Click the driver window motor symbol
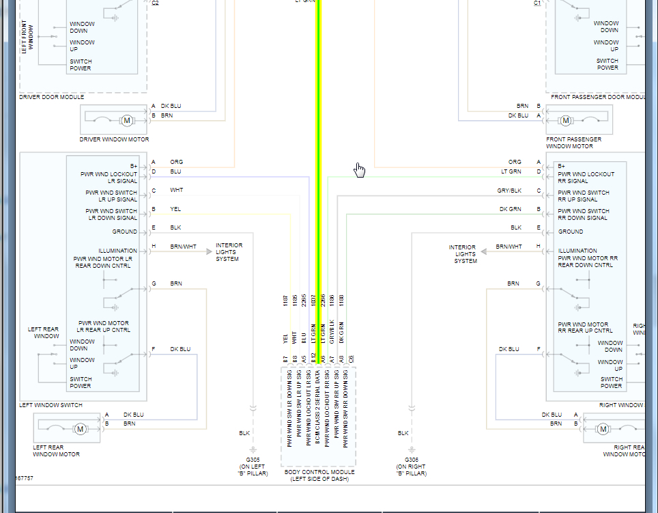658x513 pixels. [x=126, y=120]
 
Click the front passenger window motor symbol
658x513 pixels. [x=564, y=121]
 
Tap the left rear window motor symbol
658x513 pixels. [x=80, y=429]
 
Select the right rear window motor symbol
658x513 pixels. [x=602, y=429]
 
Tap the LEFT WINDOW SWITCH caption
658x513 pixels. [x=51, y=405]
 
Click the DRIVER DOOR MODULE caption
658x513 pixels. [x=52, y=97]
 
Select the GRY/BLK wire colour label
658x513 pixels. [x=509, y=191]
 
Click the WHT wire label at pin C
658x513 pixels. [x=176, y=190]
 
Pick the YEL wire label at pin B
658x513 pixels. [x=175, y=209]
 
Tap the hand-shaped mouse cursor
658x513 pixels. [x=359, y=170]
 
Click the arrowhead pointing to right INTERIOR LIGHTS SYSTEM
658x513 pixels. [x=484, y=251]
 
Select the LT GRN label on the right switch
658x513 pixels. [x=511, y=171]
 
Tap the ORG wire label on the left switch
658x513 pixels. [x=176, y=162]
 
